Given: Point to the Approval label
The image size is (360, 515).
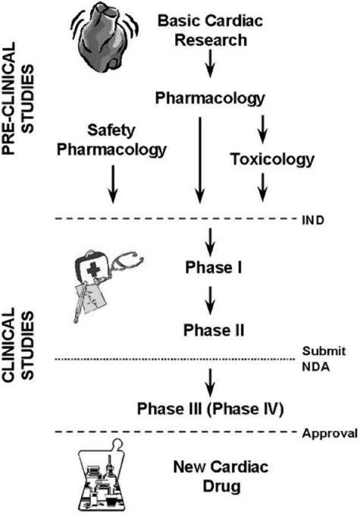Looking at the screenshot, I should coord(329,434).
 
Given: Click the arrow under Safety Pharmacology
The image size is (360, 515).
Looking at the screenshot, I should coord(112,183).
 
